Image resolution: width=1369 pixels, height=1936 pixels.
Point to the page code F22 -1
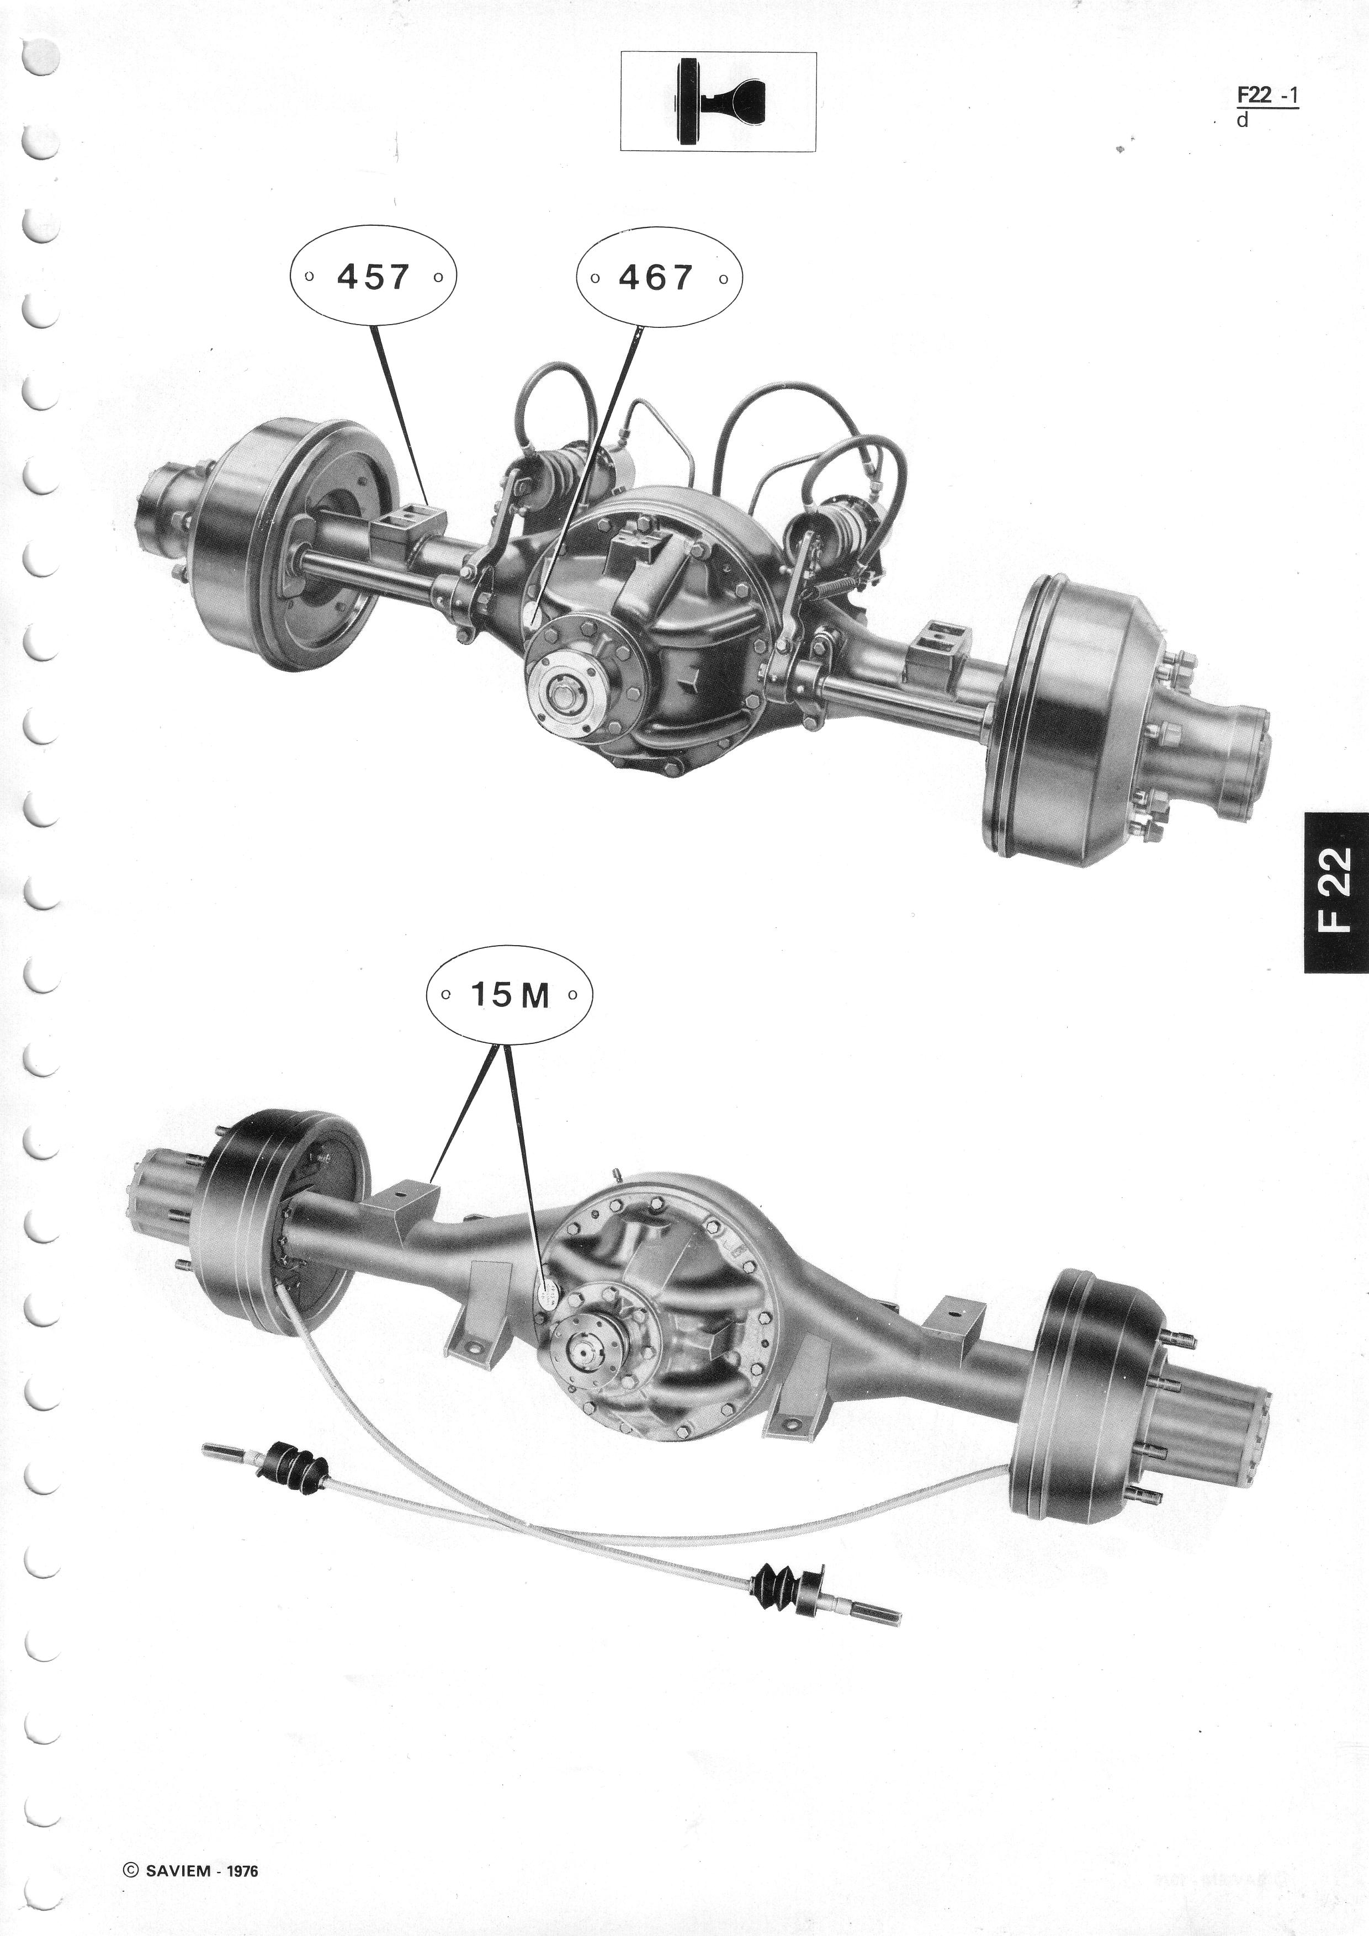tap(1267, 97)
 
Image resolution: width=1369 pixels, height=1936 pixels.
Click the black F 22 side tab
tap(1336, 892)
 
